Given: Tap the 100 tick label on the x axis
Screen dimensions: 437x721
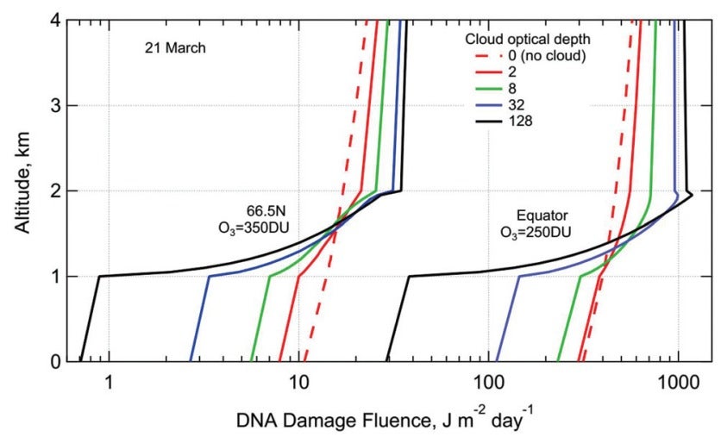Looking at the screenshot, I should click(x=488, y=380).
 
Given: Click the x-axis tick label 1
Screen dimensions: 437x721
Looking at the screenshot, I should click(x=110, y=380).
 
